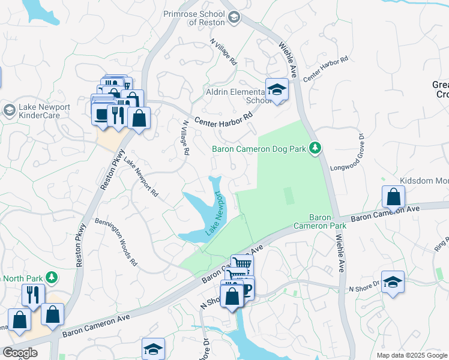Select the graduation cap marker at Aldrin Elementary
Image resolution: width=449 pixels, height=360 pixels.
(277, 90)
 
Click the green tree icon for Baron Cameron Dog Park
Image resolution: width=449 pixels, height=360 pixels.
(314, 148)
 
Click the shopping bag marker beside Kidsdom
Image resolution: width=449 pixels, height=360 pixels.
(393, 197)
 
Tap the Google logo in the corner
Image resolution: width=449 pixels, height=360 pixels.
(20, 353)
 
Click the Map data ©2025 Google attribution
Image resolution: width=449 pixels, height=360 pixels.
(411, 355)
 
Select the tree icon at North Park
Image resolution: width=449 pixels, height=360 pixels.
(52, 277)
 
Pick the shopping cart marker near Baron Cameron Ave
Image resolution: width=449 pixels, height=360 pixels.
(242, 264)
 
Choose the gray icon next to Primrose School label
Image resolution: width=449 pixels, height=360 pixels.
(234, 17)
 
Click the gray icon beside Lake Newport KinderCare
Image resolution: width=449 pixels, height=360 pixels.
(9, 110)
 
